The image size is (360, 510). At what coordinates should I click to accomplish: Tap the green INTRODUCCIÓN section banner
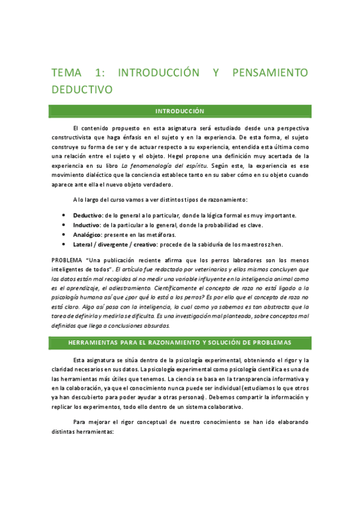[x=180, y=111]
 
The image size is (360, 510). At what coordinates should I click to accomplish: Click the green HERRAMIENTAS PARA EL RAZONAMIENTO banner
[x=180, y=342]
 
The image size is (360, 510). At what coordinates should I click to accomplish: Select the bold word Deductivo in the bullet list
[x=88, y=215]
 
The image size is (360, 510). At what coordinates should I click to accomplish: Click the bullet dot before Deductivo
[x=64, y=215]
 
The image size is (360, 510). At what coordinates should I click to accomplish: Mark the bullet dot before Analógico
[x=64, y=235]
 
